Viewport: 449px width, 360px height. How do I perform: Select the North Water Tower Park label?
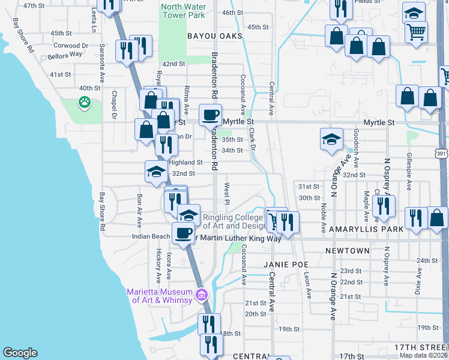(183, 10)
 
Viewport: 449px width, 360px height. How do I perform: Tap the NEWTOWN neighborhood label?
(347, 250)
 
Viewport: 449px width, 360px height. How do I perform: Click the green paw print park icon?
(85, 103)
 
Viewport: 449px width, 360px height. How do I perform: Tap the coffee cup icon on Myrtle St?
(210, 115)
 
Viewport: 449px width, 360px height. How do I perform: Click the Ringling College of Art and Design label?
(234, 221)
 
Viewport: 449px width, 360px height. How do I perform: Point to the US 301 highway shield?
(442, 154)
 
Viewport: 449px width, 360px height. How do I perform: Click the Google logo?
(20, 352)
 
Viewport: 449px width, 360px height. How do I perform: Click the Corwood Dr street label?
(71, 45)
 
